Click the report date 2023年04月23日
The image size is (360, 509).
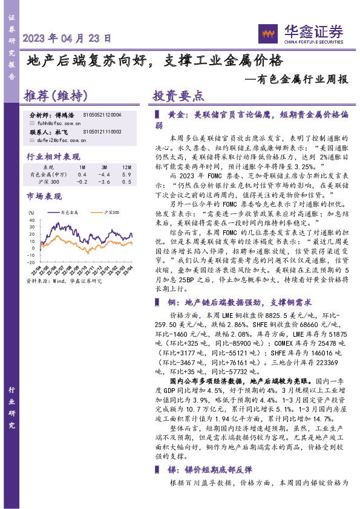click(x=67, y=38)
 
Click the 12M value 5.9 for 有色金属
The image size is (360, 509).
click(x=126, y=173)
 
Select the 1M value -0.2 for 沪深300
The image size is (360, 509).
click(x=82, y=181)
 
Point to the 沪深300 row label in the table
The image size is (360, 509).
click(x=51, y=181)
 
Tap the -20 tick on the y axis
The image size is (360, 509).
click(x=31, y=262)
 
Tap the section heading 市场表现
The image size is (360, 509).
click(x=44, y=196)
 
